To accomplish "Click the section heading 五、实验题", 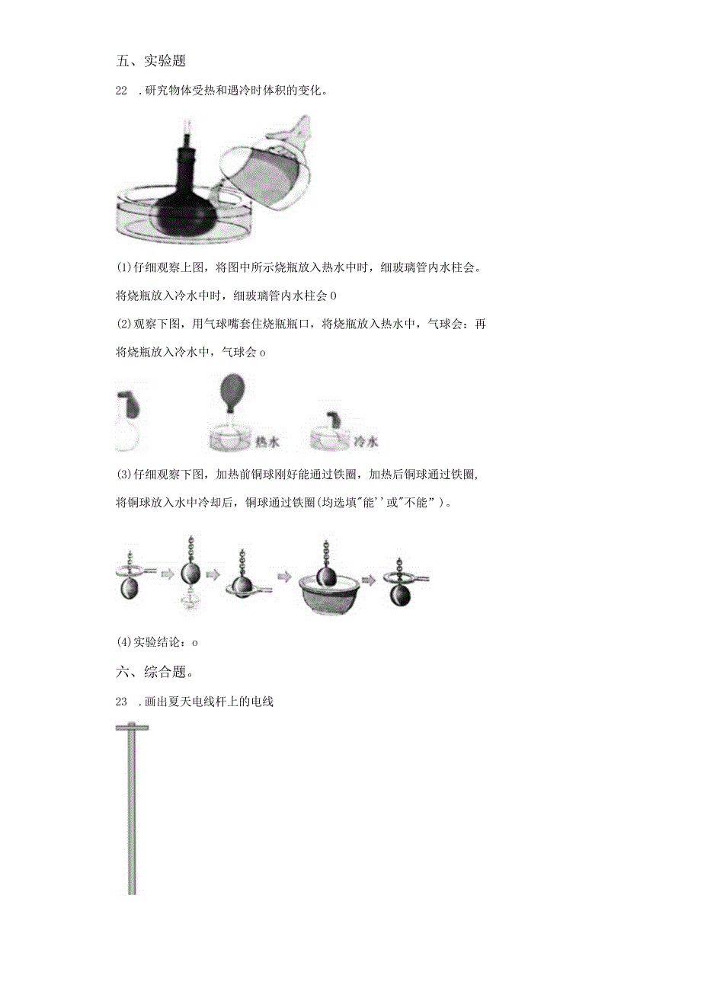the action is click(151, 60).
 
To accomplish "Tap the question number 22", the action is click(121, 91).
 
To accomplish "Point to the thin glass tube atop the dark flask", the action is click(187, 126).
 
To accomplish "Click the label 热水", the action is click(264, 441).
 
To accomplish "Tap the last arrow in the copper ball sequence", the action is click(370, 580).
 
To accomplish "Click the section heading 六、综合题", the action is click(151, 672).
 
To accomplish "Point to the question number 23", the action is click(121, 702).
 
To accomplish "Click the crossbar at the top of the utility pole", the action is click(132, 727).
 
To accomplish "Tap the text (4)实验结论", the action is click(155, 641).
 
